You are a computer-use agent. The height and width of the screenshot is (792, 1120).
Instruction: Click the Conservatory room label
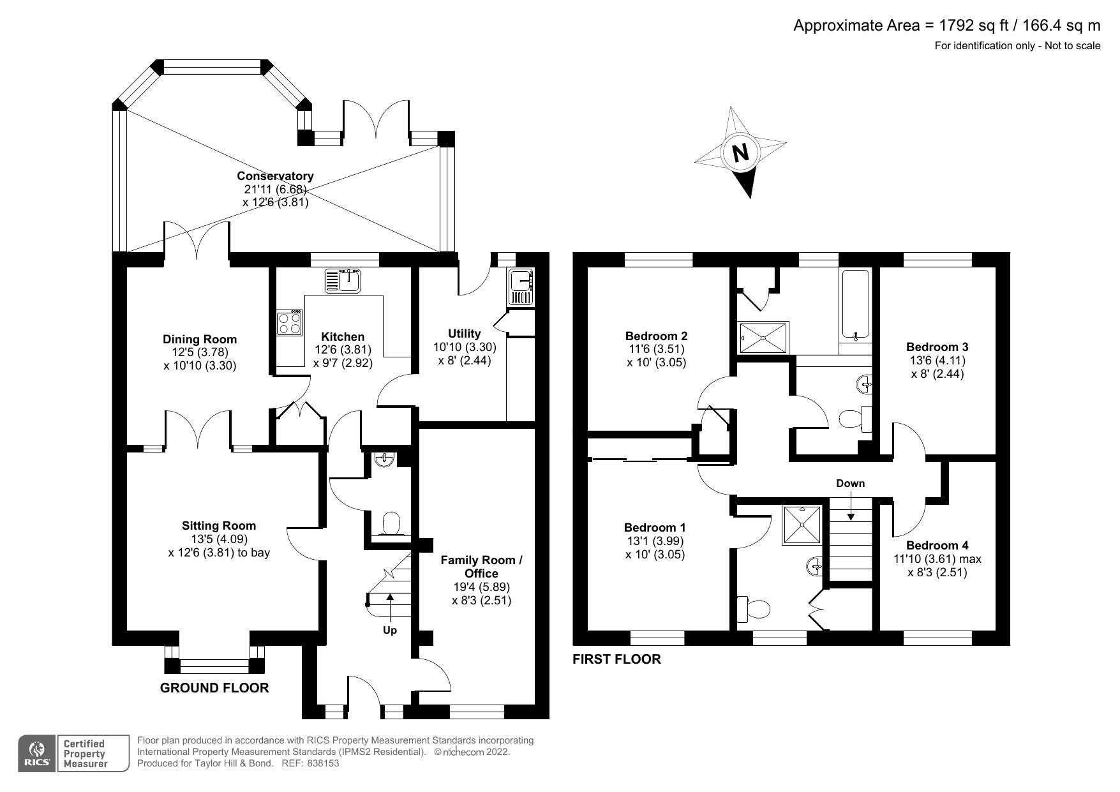click(275, 176)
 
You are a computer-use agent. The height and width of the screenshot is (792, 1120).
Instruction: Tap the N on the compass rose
click(740, 153)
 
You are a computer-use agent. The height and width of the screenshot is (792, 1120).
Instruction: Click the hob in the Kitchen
click(289, 323)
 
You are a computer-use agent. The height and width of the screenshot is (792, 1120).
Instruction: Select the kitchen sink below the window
click(343, 281)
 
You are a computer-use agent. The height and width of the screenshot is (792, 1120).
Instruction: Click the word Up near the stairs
click(389, 631)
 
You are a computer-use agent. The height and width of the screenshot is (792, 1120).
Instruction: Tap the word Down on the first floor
click(850, 483)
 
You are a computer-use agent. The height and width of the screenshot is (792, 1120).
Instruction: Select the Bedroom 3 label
click(937, 347)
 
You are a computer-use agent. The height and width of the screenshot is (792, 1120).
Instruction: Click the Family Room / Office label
click(481, 567)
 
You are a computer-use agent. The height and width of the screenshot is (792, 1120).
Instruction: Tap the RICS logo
click(37, 754)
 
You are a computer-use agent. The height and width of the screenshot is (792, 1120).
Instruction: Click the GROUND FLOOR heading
click(214, 688)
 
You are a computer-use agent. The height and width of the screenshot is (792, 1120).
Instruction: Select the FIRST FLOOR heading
click(616, 659)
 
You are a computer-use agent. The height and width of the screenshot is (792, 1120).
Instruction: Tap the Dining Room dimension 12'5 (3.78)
click(200, 352)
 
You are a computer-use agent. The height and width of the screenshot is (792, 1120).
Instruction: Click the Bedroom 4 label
click(937, 546)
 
